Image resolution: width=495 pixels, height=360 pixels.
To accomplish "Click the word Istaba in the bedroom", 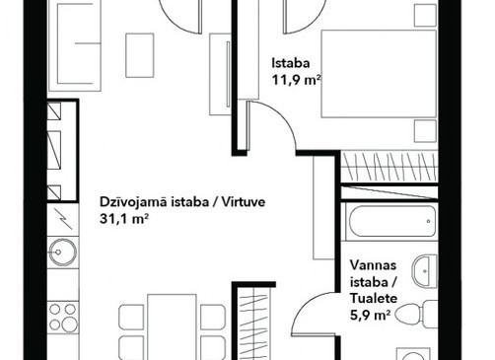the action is pos(291,63).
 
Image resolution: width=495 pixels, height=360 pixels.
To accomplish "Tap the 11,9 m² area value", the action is pos(296,80).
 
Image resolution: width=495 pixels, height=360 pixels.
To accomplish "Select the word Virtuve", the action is pos(244,202).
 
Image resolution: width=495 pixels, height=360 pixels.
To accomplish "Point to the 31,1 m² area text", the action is pos(123,219).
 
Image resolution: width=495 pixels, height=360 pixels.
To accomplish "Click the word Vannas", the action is pos(373,265).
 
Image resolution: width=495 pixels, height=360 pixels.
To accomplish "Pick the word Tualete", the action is pos(374,299).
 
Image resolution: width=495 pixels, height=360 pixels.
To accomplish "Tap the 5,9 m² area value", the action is pos(370,316).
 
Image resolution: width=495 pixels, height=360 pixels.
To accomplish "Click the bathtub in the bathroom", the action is pos(392,221).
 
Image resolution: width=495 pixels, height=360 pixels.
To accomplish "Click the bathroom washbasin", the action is pos(425,271).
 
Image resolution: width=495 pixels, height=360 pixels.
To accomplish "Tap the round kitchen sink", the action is pos(62,252).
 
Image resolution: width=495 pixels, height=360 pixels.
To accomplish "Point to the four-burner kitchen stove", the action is pos(62,318).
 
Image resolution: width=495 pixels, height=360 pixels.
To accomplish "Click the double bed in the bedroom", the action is pos(379,74).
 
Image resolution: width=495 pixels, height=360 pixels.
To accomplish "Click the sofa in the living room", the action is pos(75,45).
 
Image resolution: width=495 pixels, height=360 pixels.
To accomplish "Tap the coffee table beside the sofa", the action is pos(140,55).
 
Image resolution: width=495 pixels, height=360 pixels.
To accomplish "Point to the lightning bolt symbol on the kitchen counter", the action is pos(63,219).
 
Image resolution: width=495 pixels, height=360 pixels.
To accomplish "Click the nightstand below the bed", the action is pos(425,131).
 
